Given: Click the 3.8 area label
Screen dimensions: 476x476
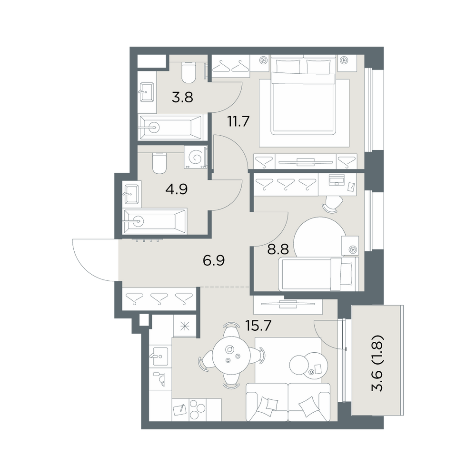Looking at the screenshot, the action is point(182,98).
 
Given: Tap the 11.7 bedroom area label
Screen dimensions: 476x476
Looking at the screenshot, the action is point(238,121).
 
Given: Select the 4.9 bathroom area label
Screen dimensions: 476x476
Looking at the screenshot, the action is point(177,189).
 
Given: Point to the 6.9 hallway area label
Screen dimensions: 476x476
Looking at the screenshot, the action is point(214,260).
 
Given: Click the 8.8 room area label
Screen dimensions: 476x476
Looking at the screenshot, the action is point(278,249).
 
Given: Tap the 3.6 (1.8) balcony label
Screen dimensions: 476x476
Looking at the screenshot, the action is point(378,363).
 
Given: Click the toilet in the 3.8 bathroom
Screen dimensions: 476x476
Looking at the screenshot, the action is point(188,72).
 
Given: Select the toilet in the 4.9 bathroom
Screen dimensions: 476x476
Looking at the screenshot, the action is point(159,163).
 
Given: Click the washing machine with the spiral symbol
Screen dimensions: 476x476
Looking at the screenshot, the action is point(195,157).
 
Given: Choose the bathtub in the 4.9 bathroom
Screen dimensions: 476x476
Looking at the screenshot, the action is point(155,221).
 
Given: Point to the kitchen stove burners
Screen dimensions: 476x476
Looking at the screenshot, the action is point(198,409).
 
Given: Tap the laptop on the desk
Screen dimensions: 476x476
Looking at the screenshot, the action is point(337,180).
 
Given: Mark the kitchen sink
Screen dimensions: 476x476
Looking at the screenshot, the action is point(159,356).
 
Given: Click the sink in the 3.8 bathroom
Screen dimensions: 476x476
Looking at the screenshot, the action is point(146,92).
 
